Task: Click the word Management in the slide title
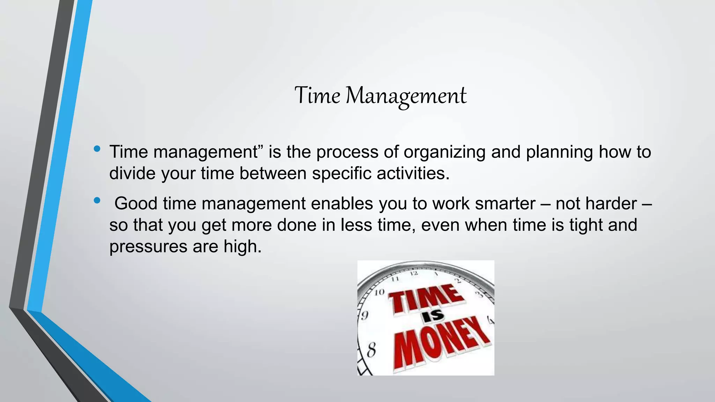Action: (x=406, y=96)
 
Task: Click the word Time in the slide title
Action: (x=317, y=95)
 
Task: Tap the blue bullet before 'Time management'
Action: (x=97, y=149)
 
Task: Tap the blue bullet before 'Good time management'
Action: (x=97, y=201)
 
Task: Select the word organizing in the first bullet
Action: (x=444, y=152)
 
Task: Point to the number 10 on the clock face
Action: (x=379, y=292)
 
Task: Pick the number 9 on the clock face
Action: (x=364, y=315)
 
